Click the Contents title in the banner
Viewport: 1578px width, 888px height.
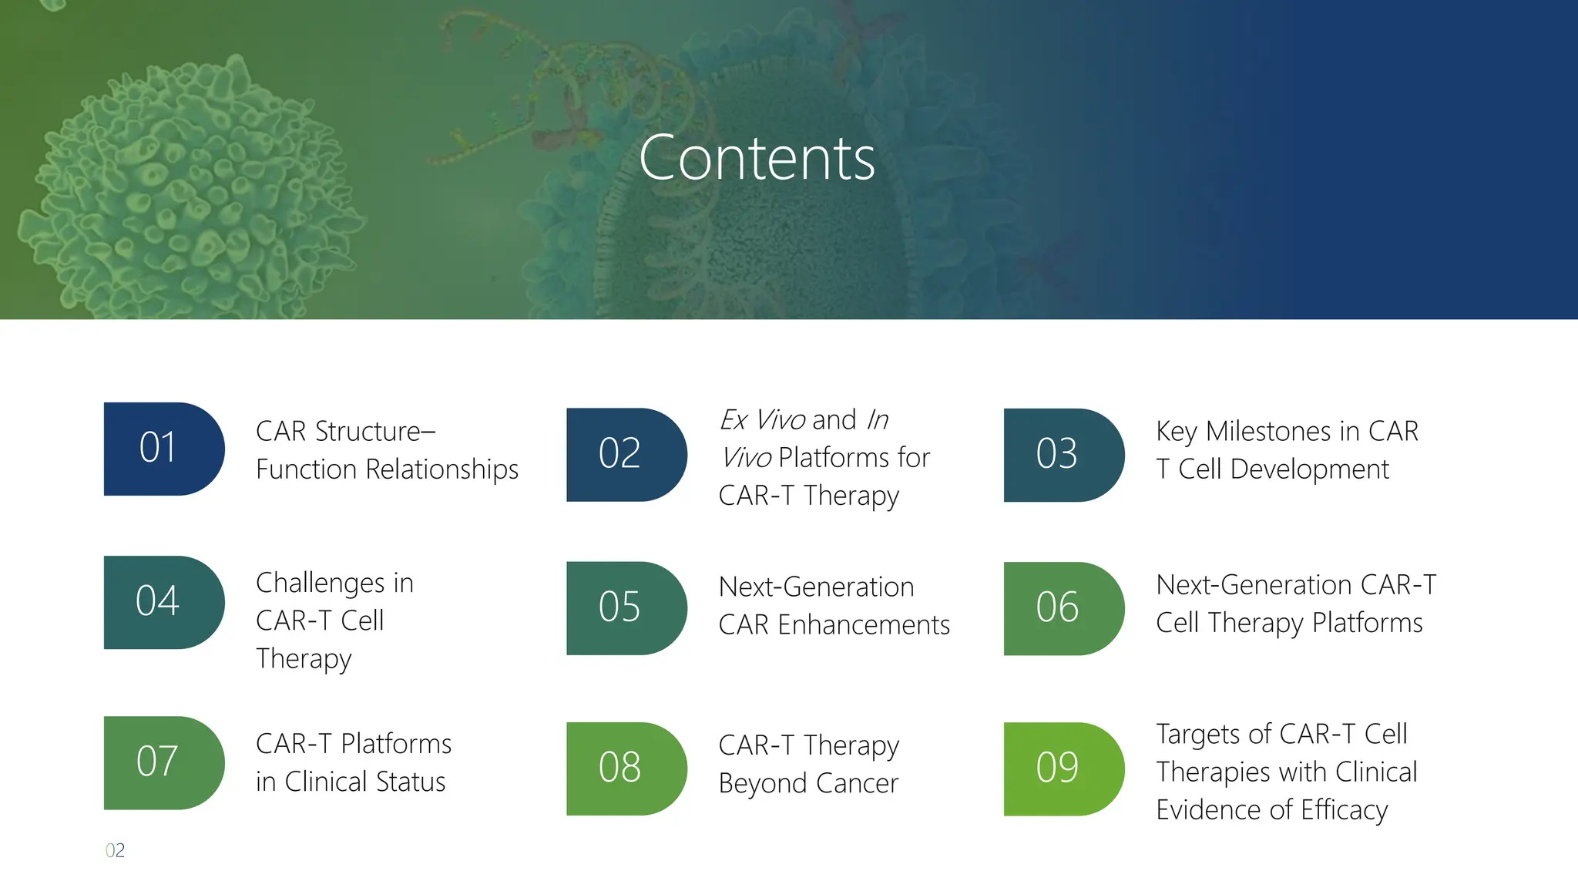tap(757, 158)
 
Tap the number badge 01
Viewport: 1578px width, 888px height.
tap(163, 449)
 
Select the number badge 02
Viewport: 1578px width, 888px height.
tap(626, 455)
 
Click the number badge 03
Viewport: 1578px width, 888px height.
tap(1063, 455)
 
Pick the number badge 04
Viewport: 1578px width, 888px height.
tap(163, 602)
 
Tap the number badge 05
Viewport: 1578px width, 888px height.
tap(626, 608)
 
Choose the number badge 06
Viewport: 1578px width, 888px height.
tap(1063, 608)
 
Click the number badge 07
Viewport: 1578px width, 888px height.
tap(163, 762)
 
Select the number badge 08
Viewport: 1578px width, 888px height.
tap(626, 769)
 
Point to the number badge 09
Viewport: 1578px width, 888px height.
tap(1063, 769)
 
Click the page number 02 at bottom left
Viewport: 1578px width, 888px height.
tap(115, 850)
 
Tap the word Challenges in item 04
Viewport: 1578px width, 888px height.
tap(323, 584)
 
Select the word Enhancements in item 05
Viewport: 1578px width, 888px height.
tap(863, 625)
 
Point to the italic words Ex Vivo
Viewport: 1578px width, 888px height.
tap(762, 420)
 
